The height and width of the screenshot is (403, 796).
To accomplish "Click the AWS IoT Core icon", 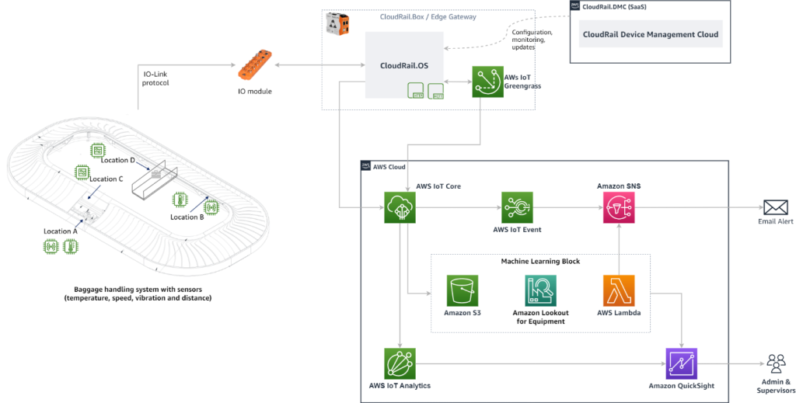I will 400,208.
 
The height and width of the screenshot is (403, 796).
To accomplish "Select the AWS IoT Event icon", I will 517,207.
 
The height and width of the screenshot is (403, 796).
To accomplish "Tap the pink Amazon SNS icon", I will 619,208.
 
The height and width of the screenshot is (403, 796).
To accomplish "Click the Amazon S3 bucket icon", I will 462,290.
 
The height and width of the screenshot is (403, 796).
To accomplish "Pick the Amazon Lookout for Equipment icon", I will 541,290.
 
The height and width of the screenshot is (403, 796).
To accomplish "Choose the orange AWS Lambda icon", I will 619,290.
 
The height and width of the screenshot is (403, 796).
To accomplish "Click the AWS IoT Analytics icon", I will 400,363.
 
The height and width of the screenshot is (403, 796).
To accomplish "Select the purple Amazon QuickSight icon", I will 682,363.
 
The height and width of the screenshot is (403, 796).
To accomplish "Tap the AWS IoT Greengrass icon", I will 487,82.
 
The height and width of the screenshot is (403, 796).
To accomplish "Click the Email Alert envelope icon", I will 775,207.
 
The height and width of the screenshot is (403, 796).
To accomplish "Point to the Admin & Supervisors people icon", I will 775,363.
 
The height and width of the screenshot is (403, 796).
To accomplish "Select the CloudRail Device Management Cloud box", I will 651,34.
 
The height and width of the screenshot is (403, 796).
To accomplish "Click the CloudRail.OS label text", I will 403,66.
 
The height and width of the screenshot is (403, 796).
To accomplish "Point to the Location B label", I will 187,217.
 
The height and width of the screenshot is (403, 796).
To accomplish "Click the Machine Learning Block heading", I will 539,261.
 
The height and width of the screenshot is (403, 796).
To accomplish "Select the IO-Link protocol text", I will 155,78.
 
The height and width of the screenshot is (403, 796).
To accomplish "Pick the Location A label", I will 61,231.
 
